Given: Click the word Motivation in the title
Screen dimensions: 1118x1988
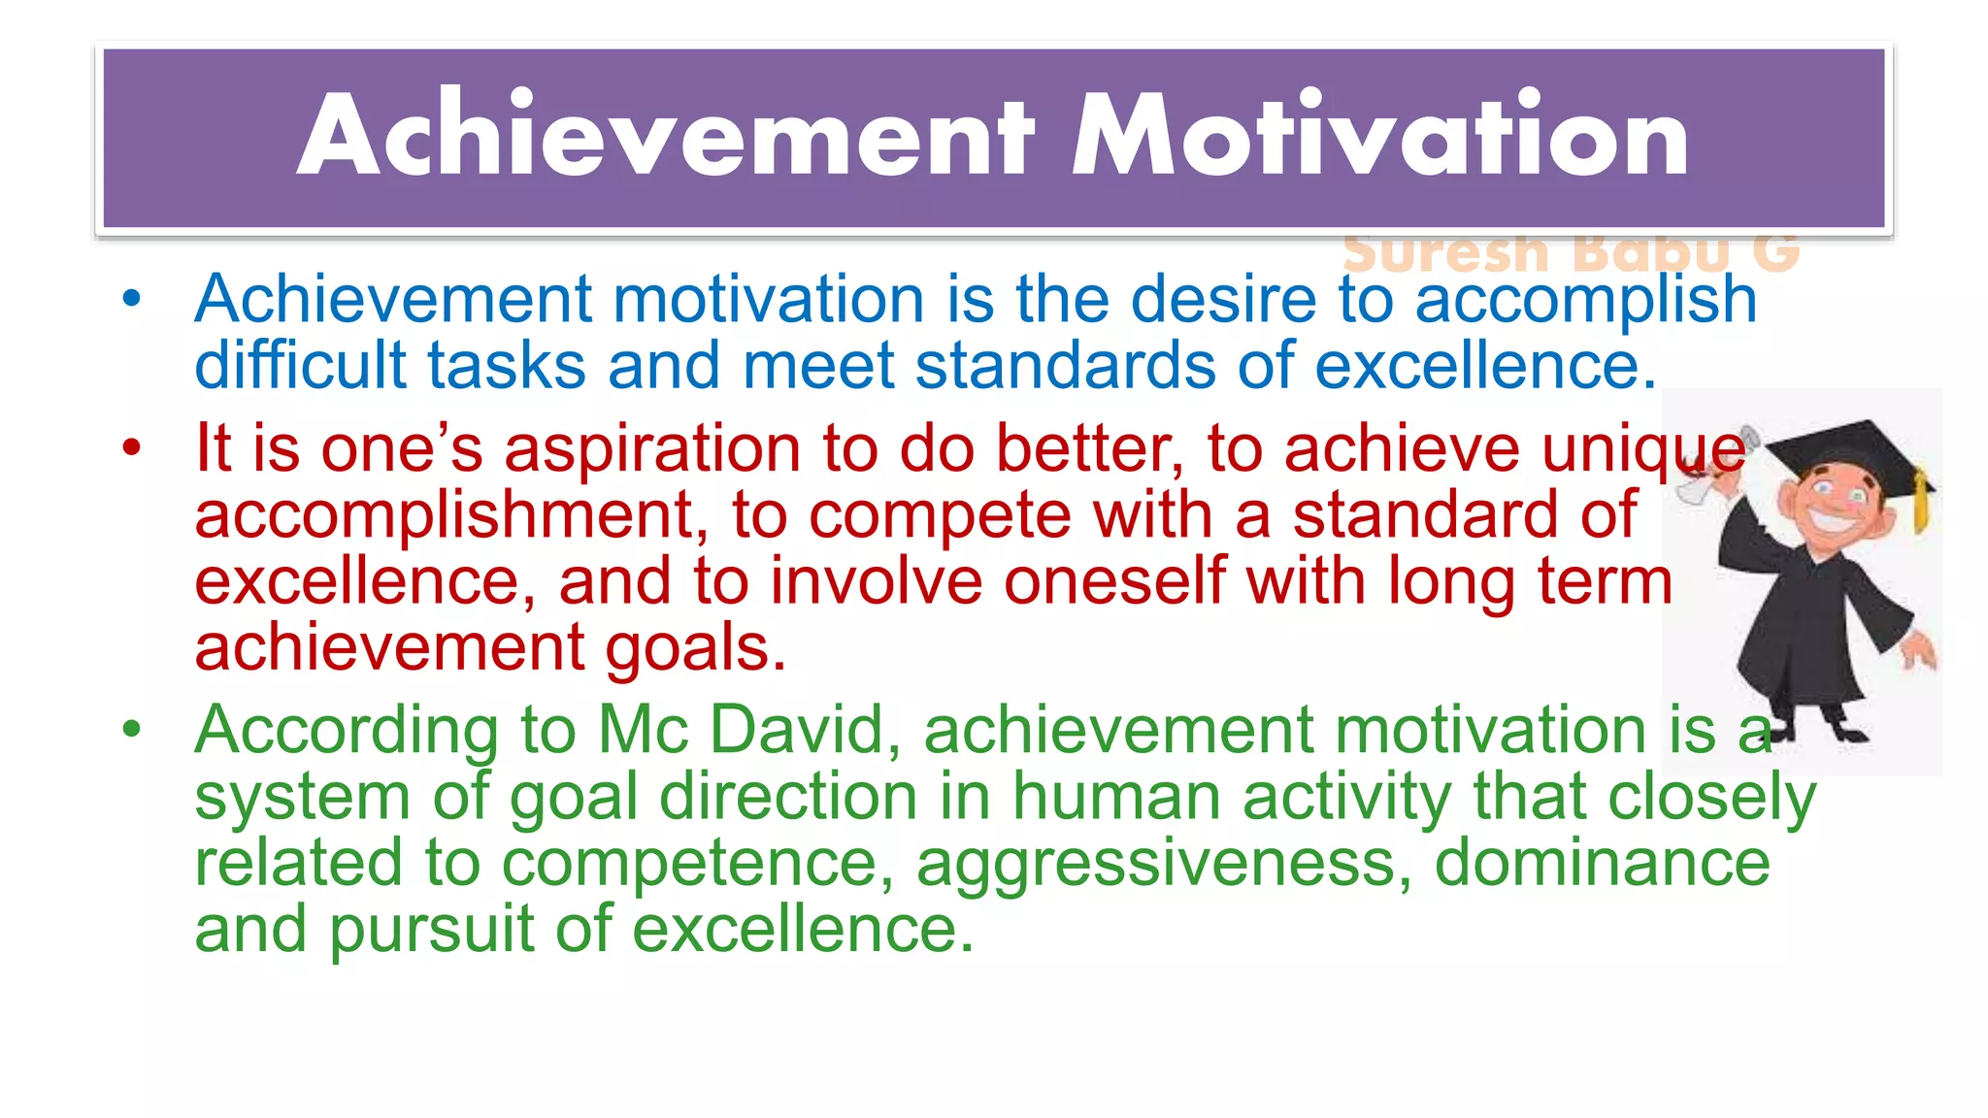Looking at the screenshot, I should click(x=1379, y=136).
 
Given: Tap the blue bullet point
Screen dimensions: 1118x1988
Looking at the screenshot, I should click(x=132, y=298).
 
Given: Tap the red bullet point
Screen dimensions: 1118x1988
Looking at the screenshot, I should click(x=132, y=447).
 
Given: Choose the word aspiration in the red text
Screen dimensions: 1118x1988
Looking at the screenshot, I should click(x=652, y=449).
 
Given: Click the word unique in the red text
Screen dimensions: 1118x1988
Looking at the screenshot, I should click(x=1642, y=449).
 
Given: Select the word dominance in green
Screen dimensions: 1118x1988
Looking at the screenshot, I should click(x=1602, y=863).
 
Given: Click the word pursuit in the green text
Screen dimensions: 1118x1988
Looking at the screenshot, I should click(x=431, y=929).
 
